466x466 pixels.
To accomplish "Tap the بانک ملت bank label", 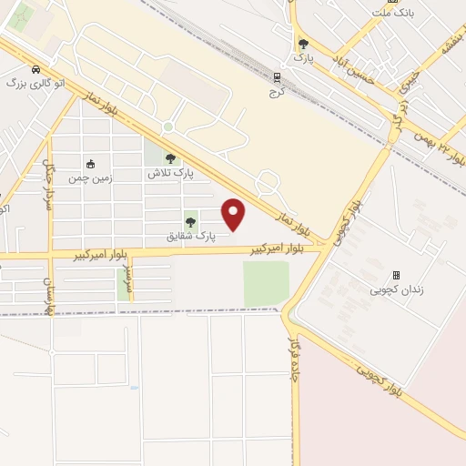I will pos(399,14).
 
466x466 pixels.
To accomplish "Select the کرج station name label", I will pos(277,92).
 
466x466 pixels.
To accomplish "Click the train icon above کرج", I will pos(278,77).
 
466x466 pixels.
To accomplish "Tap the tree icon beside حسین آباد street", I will pos(303,43).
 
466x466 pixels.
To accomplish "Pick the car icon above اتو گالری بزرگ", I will pos(35,69).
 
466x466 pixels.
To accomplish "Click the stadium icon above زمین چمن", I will pos(90,165).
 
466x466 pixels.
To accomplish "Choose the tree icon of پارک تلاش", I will pos(170,158).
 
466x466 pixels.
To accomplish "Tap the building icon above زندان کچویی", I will pos(396,274).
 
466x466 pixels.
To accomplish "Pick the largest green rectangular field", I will pos(266,284).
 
